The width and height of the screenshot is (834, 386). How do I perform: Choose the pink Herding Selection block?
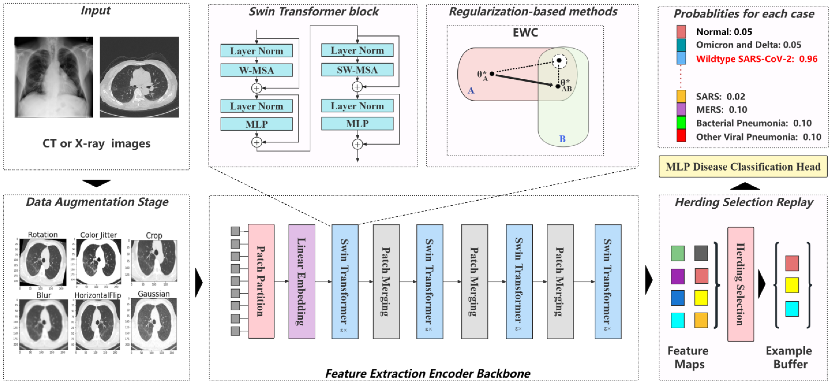740,284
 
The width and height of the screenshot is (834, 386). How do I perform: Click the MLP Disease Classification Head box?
743,167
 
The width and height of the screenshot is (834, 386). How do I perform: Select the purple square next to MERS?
681,109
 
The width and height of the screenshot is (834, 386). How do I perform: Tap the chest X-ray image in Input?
54,77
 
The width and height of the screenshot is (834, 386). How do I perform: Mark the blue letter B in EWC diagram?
562,139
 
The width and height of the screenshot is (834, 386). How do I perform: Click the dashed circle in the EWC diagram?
559,61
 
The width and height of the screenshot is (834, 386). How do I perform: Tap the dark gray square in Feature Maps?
701,253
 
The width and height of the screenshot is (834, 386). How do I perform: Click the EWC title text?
525,33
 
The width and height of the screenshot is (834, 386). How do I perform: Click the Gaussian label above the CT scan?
154,294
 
